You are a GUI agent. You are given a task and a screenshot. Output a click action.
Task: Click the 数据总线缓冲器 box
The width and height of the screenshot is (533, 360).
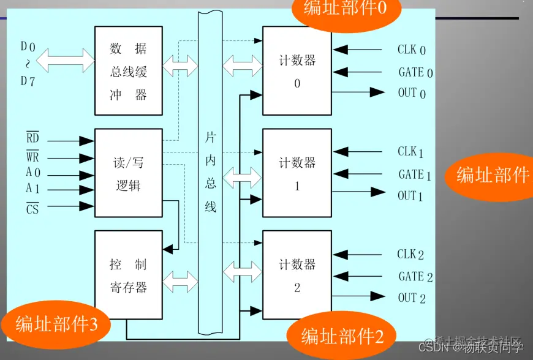129,70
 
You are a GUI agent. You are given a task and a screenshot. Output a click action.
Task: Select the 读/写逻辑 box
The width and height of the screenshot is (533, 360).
129,172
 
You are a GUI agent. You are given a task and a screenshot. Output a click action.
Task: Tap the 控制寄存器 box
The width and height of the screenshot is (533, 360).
129,276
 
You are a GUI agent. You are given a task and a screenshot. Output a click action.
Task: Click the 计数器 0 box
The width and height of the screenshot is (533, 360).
297,70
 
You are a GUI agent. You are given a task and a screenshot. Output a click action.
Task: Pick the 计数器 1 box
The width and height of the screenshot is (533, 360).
297,173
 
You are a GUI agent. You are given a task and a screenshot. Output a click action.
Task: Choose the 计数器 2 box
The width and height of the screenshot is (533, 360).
297,276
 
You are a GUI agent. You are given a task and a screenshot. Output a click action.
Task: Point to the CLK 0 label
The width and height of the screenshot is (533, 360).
411,50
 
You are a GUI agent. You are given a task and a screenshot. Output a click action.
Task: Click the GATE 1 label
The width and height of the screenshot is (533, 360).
415,174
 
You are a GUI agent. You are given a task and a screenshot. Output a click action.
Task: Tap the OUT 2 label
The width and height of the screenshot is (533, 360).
411,298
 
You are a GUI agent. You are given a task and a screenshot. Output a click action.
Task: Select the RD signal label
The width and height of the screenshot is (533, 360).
32,138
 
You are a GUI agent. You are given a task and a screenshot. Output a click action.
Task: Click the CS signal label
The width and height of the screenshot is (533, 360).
32,208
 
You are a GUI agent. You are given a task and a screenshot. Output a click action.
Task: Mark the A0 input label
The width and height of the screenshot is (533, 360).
32,173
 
